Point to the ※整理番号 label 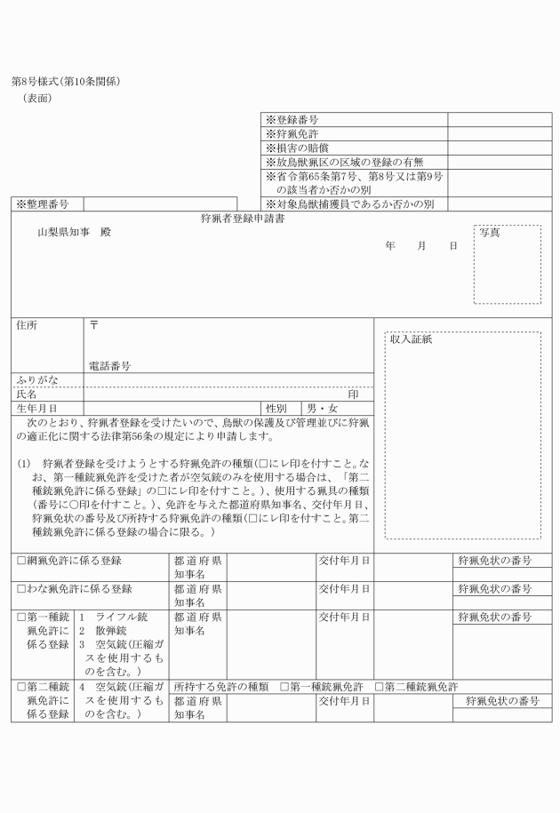[44, 204]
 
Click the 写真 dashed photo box [507, 264]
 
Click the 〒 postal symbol [94, 325]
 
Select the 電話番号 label [110, 365]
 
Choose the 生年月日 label [36, 408]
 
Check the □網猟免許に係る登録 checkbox [21, 561]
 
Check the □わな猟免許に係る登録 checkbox [21, 589]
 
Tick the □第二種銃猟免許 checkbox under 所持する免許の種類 [380, 687]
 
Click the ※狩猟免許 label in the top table [292, 134]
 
